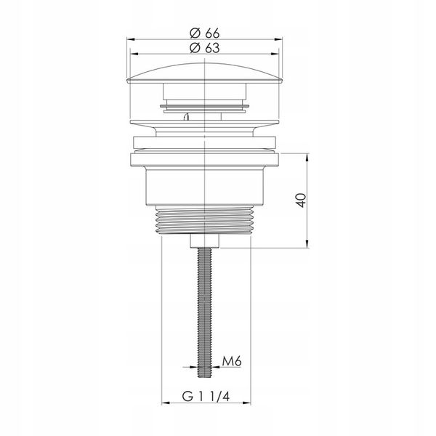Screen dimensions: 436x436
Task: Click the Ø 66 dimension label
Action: tap(205, 33)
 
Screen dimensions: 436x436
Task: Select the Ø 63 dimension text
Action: tap(205, 48)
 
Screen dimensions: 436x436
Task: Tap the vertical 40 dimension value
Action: tap(301, 201)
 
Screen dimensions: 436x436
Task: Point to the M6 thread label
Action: tap(232, 361)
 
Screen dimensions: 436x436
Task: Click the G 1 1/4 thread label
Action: tap(206, 396)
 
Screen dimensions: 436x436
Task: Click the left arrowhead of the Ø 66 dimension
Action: tap(131, 39)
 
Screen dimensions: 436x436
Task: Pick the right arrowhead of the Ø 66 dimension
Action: tap(278, 39)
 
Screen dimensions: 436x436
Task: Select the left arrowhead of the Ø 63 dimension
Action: tap(134, 54)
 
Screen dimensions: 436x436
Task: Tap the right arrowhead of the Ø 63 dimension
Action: tap(275, 54)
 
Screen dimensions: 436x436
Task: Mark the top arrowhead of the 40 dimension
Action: tap(307, 157)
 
